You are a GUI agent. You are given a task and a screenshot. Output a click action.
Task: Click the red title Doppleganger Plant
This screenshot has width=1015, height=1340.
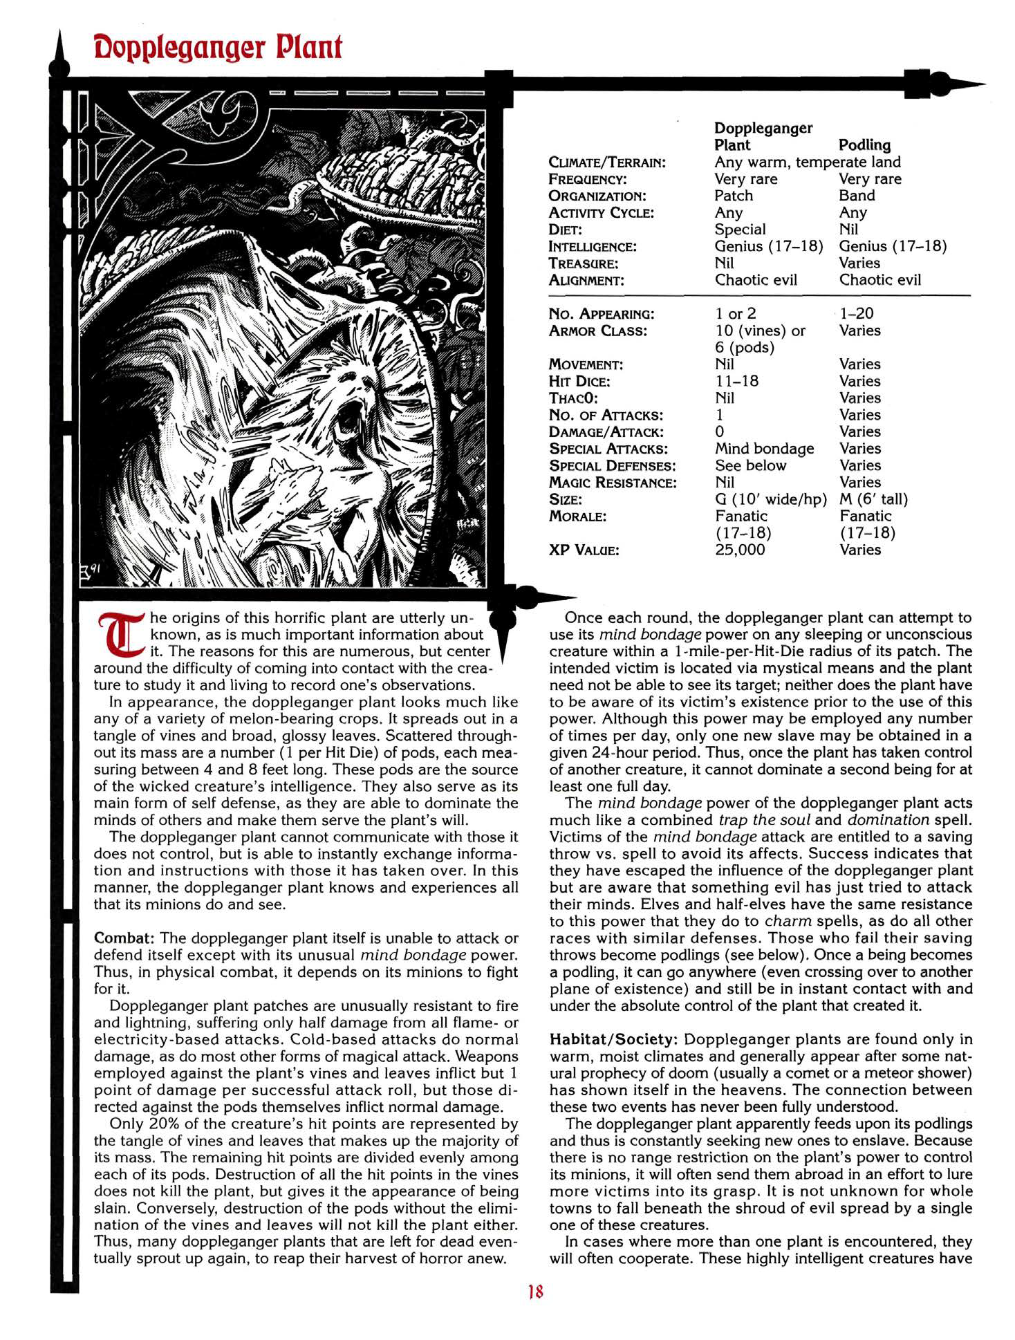pyautogui.click(x=217, y=48)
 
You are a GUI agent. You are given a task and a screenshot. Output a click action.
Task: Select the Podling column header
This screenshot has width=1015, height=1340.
pyautogui.click(x=864, y=145)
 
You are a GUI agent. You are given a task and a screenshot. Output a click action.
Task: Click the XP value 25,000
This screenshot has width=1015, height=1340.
pyautogui.click(x=740, y=550)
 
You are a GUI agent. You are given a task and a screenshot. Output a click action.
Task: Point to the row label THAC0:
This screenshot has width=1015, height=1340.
pyautogui.click(x=573, y=398)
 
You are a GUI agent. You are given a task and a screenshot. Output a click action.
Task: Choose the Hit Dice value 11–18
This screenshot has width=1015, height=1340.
pyautogui.click(x=736, y=381)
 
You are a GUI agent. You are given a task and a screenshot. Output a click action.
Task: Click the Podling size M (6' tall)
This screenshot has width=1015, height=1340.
pyautogui.click(x=873, y=499)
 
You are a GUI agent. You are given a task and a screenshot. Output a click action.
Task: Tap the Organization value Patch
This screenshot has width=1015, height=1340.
pyautogui.click(x=733, y=196)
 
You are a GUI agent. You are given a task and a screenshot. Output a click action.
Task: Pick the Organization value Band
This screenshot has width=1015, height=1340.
pyautogui.click(x=857, y=196)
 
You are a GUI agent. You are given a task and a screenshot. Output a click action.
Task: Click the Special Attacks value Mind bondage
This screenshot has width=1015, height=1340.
pyautogui.click(x=764, y=449)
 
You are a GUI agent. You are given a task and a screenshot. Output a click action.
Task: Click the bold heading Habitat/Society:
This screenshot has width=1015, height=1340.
pyautogui.click(x=614, y=1039)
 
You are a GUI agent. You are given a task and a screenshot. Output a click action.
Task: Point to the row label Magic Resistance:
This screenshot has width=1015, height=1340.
pyautogui.click(x=613, y=483)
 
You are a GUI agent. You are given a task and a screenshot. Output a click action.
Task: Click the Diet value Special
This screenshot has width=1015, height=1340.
pyautogui.click(x=740, y=230)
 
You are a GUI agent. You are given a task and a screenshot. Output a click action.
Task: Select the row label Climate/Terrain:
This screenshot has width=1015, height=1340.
pyautogui.click(x=607, y=162)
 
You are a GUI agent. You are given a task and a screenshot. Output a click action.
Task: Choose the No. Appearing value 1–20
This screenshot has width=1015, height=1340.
pyautogui.click(x=857, y=313)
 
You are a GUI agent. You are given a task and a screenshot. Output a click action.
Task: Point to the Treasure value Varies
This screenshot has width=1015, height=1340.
pyautogui.click(x=859, y=263)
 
